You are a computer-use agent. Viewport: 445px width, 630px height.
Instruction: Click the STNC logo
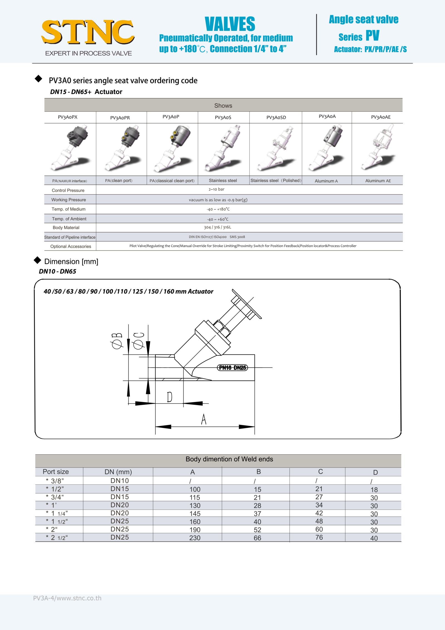(88, 32)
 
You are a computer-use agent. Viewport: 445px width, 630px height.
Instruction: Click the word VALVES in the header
(230, 24)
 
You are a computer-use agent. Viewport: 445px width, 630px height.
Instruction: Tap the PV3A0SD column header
(276, 117)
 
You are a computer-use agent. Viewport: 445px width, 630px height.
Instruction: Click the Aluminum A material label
(326, 181)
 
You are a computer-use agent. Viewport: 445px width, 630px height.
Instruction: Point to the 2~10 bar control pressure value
(216, 189)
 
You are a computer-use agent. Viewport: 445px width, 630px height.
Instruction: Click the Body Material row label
(66, 228)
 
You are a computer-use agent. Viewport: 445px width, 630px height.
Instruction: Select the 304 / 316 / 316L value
(217, 227)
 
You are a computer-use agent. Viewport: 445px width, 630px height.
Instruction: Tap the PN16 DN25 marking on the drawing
(232, 368)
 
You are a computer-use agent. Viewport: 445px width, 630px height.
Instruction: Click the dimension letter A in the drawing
(204, 419)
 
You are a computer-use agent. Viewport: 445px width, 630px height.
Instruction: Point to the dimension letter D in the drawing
(169, 397)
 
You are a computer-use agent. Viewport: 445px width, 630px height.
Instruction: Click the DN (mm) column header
(118, 472)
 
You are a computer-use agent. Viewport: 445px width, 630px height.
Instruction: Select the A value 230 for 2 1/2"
(195, 538)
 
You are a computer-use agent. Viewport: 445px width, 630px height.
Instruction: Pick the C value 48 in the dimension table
(319, 521)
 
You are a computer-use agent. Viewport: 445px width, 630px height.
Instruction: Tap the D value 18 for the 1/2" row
(374, 490)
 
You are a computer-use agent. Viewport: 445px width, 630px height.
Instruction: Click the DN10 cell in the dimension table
(120, 481)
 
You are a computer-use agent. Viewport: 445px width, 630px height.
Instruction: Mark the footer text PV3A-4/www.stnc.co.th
(67, 598)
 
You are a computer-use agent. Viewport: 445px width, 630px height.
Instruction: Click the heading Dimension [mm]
(71, 262)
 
